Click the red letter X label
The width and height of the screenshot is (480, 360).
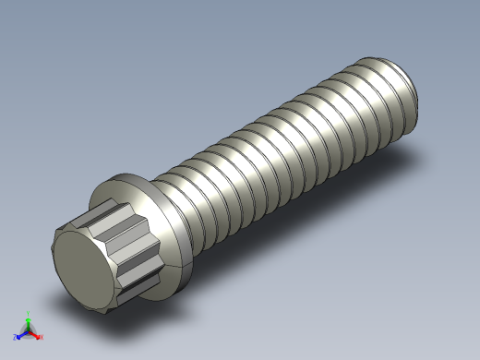42,337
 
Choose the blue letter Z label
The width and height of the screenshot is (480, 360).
15,337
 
